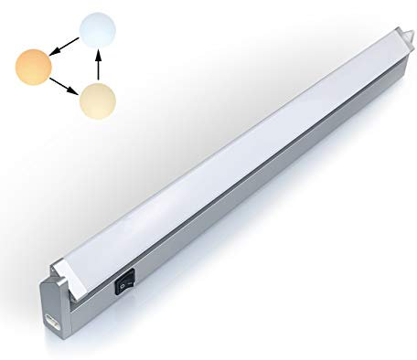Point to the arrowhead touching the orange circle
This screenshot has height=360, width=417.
point(54,54)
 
